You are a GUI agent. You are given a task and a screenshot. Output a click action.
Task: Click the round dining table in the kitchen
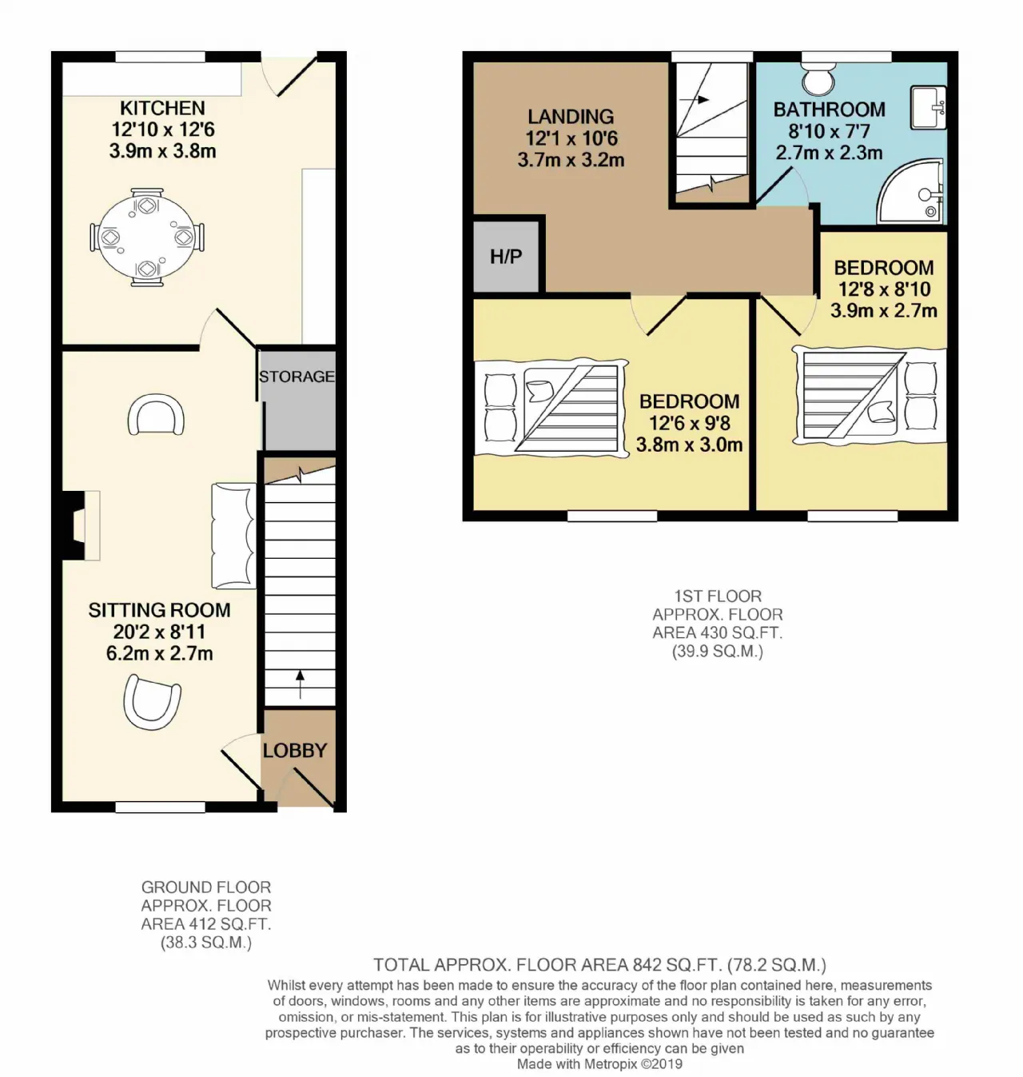147,237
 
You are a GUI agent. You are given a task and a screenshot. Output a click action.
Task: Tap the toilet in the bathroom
818,78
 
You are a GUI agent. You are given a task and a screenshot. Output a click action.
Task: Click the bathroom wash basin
928,107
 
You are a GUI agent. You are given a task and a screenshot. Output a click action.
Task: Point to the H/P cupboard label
505,256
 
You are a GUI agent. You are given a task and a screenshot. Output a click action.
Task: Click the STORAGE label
297,377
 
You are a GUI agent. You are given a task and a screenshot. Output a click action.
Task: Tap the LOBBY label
295,751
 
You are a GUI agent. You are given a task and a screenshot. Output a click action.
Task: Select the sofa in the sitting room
234,536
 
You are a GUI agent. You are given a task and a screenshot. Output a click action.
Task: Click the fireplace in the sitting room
82,525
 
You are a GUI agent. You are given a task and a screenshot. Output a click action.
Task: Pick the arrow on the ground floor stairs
301,684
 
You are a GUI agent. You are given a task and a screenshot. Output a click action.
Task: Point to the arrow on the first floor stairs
695,100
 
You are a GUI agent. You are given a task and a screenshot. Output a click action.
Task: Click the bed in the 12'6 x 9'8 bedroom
551,408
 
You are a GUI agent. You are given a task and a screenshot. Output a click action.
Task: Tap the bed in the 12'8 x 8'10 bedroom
870,394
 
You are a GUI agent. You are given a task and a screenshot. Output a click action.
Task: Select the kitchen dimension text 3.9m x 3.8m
163,150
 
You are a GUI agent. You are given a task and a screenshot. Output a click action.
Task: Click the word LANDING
571,117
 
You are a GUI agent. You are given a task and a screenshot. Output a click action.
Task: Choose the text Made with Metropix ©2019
599,1064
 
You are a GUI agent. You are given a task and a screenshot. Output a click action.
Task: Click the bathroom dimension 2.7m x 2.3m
829,152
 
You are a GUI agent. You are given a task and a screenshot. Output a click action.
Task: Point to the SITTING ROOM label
159,610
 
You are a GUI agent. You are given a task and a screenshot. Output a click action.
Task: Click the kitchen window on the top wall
161,57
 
